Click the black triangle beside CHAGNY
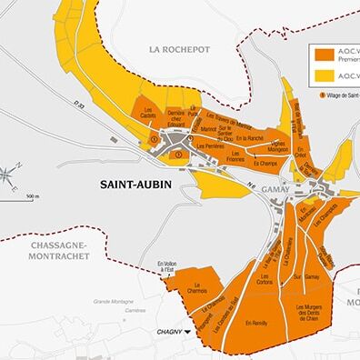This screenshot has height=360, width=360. (x=188, y=333)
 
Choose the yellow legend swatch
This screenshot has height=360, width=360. (x=323, y=75)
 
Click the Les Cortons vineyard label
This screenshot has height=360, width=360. (x=266, y=280)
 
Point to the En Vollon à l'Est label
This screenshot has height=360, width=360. (x=165, y=265)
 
